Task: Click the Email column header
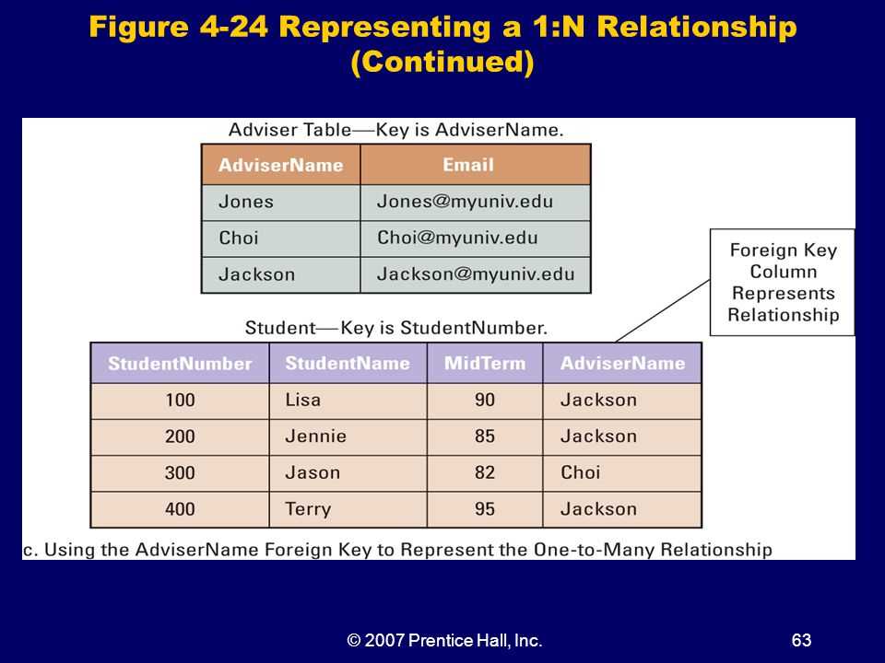(x=476, y=165)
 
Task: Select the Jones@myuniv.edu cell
(x=476, y=203)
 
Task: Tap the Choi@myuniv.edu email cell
(x=476, y=238)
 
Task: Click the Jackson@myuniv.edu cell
(x=476, y=274)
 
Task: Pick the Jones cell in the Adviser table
(x=281, y=203)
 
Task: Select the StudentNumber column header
(x=180, y=363)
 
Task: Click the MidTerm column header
(x=485, y=363)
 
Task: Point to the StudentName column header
(x=348, y=363)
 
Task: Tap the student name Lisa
(x=303, y=401)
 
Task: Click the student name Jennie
(x=315, y=436)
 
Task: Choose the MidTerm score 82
(x=485, y=472)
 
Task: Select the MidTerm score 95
(x=485, y=509)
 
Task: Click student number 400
(x=180, y=509)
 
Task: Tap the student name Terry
(x=308, y=509)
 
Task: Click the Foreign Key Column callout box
(x=783, y=283)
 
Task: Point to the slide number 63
(x=801, y=641)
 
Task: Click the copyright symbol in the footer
(x=354, y=641)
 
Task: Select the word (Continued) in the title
(x=442, y=62)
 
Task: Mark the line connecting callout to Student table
(x=663, y=310)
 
